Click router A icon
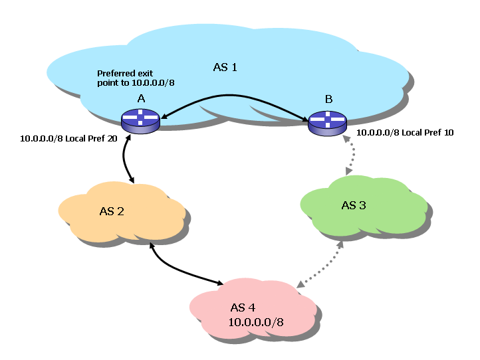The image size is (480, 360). coord(140,121)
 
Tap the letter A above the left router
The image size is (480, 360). coord(141,98)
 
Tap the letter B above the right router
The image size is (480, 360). coord(328,99)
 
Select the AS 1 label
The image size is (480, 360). coord(225,66)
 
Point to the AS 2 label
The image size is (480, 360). coord(112,211)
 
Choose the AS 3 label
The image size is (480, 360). coord(354,205)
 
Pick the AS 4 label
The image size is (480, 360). coord(242,308)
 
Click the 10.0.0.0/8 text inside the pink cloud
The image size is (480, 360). coord(256,322)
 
